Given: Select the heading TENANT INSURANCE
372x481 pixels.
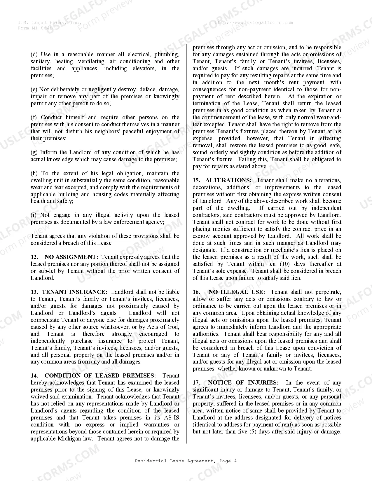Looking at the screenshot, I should tap(74, 292).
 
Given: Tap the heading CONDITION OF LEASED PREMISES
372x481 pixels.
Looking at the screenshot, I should tap(100, 376).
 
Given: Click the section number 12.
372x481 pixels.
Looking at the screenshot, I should tap(34, 257).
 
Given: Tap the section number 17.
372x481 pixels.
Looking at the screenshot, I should tap(196, 383).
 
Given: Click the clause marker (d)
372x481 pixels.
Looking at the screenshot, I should tap(34, 55).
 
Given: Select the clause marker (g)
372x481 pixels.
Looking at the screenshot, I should tap(34, 152).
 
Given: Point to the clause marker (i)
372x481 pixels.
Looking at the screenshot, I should tap(34, 215).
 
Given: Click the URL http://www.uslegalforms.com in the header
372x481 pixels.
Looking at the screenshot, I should tap(254, 22).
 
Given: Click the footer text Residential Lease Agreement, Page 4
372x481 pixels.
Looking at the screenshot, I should tap(186, 461).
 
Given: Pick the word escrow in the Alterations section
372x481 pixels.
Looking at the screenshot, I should tap(200, 236).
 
